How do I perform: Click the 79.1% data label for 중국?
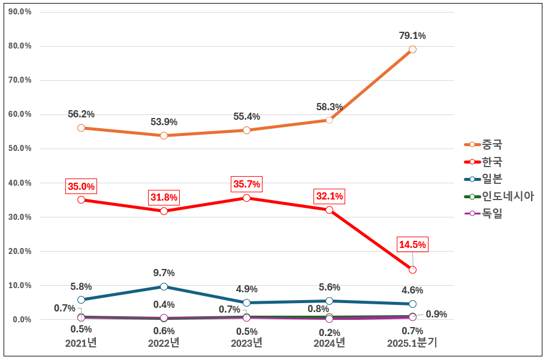[412, 36]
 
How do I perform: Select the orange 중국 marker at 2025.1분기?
[412, 50]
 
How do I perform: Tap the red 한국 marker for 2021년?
[81, 199]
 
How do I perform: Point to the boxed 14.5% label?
[412, 244]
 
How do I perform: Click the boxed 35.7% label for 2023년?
[246, 184]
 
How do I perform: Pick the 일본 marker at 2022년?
[164, 287]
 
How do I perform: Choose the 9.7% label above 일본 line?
[164, 273]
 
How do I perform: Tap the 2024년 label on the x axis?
[329, 343]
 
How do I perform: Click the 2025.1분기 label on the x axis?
[412, 343]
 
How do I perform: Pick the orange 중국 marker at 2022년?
[164, 135]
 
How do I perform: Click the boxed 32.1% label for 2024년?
[329, 196]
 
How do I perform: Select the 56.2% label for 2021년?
[81, 114]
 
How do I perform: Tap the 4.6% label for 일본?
[412, 291]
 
